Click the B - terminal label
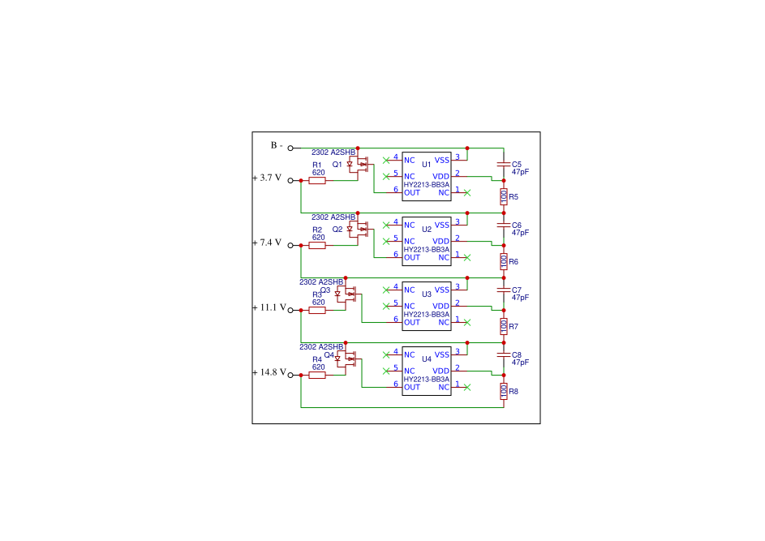pos(277,145)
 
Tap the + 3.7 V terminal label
pos(267,178)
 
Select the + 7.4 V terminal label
pos(267,243)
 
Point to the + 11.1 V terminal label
pos(269,307)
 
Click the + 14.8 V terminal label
pos(269,372)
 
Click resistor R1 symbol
pos(317,181)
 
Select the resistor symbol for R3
pos(317,311)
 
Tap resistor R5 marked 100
pos(504,197)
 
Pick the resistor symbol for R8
pos(504,391)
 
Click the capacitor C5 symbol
pos(504,165)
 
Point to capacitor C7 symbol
pos(504,290)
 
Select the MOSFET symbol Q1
pos(358,165)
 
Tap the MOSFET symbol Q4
pos(346,359)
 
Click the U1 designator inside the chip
pos(427,165)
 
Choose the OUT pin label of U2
pos(412,258)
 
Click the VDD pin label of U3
pos(441,307)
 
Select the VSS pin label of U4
pos(442,354)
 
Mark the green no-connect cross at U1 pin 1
pos(467,193)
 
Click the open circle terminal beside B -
pos(290,148)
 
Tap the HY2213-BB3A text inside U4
pos(427,379)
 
